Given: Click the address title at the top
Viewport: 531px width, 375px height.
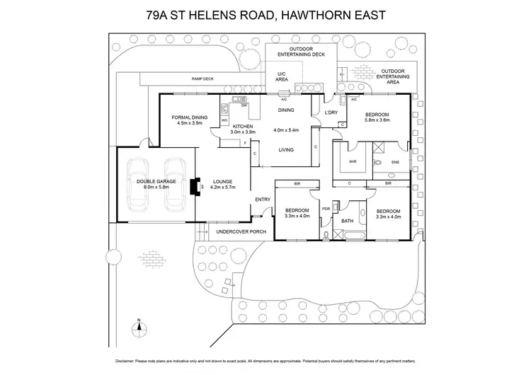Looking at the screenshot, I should coord(265,16).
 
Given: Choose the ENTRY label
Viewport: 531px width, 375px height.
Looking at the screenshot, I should coord(262,199).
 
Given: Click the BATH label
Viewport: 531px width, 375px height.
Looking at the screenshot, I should coord(347,221).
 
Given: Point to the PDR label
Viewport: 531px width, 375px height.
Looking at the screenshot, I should coord(326,209).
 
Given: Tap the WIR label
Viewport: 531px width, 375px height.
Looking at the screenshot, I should coord(352,162).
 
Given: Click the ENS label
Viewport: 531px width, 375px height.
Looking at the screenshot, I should coord(395,162).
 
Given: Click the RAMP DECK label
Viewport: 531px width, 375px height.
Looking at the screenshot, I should coord(202,79).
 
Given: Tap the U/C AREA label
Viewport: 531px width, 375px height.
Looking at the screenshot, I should coord(282,79).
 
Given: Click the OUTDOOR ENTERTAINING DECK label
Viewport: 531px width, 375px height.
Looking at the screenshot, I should coord(296,52).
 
